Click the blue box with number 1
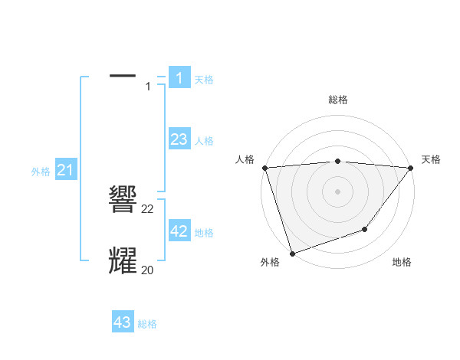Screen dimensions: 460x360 tap(179, 78)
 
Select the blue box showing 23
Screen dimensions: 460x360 tap(179, 139)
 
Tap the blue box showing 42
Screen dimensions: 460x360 tap(179, 231)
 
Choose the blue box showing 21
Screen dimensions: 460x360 tap(64, 170)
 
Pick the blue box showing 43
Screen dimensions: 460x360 tap(123, 322)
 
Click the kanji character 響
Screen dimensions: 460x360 tap(123, 201)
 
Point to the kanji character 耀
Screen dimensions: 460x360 tap(123, 261)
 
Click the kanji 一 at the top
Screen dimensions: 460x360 tap(123, 75)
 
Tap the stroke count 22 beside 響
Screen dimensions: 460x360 tap(148, 208)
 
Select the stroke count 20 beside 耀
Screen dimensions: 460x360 tap(148, 270)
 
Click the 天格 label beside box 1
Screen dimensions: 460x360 tap(204, 79)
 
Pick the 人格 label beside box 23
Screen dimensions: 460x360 tap(204, 140)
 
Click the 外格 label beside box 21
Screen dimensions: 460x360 tap(41, 172)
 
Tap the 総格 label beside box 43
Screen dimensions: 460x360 tap(147, 324)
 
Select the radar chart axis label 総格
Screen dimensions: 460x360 tap(338, 100)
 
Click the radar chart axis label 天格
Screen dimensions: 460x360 tap(432, 159)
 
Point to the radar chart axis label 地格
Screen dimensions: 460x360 tap(402, 262)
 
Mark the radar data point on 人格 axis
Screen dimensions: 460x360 tap(264, 168)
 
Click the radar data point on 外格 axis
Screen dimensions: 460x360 tap(292, 253)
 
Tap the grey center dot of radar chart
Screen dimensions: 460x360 tap(338, 191)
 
